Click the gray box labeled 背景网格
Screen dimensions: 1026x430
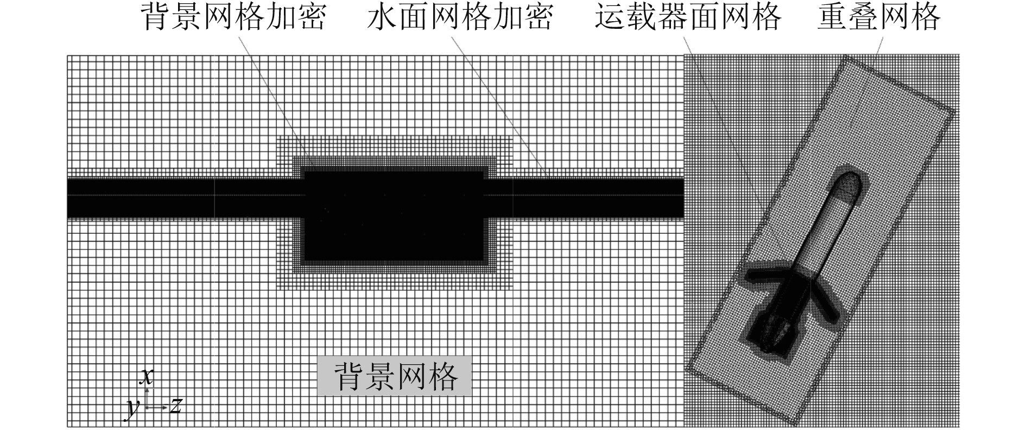coord(395,376)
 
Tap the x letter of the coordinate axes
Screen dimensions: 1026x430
coord(145,376)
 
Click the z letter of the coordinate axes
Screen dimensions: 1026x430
coord(175,406)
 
